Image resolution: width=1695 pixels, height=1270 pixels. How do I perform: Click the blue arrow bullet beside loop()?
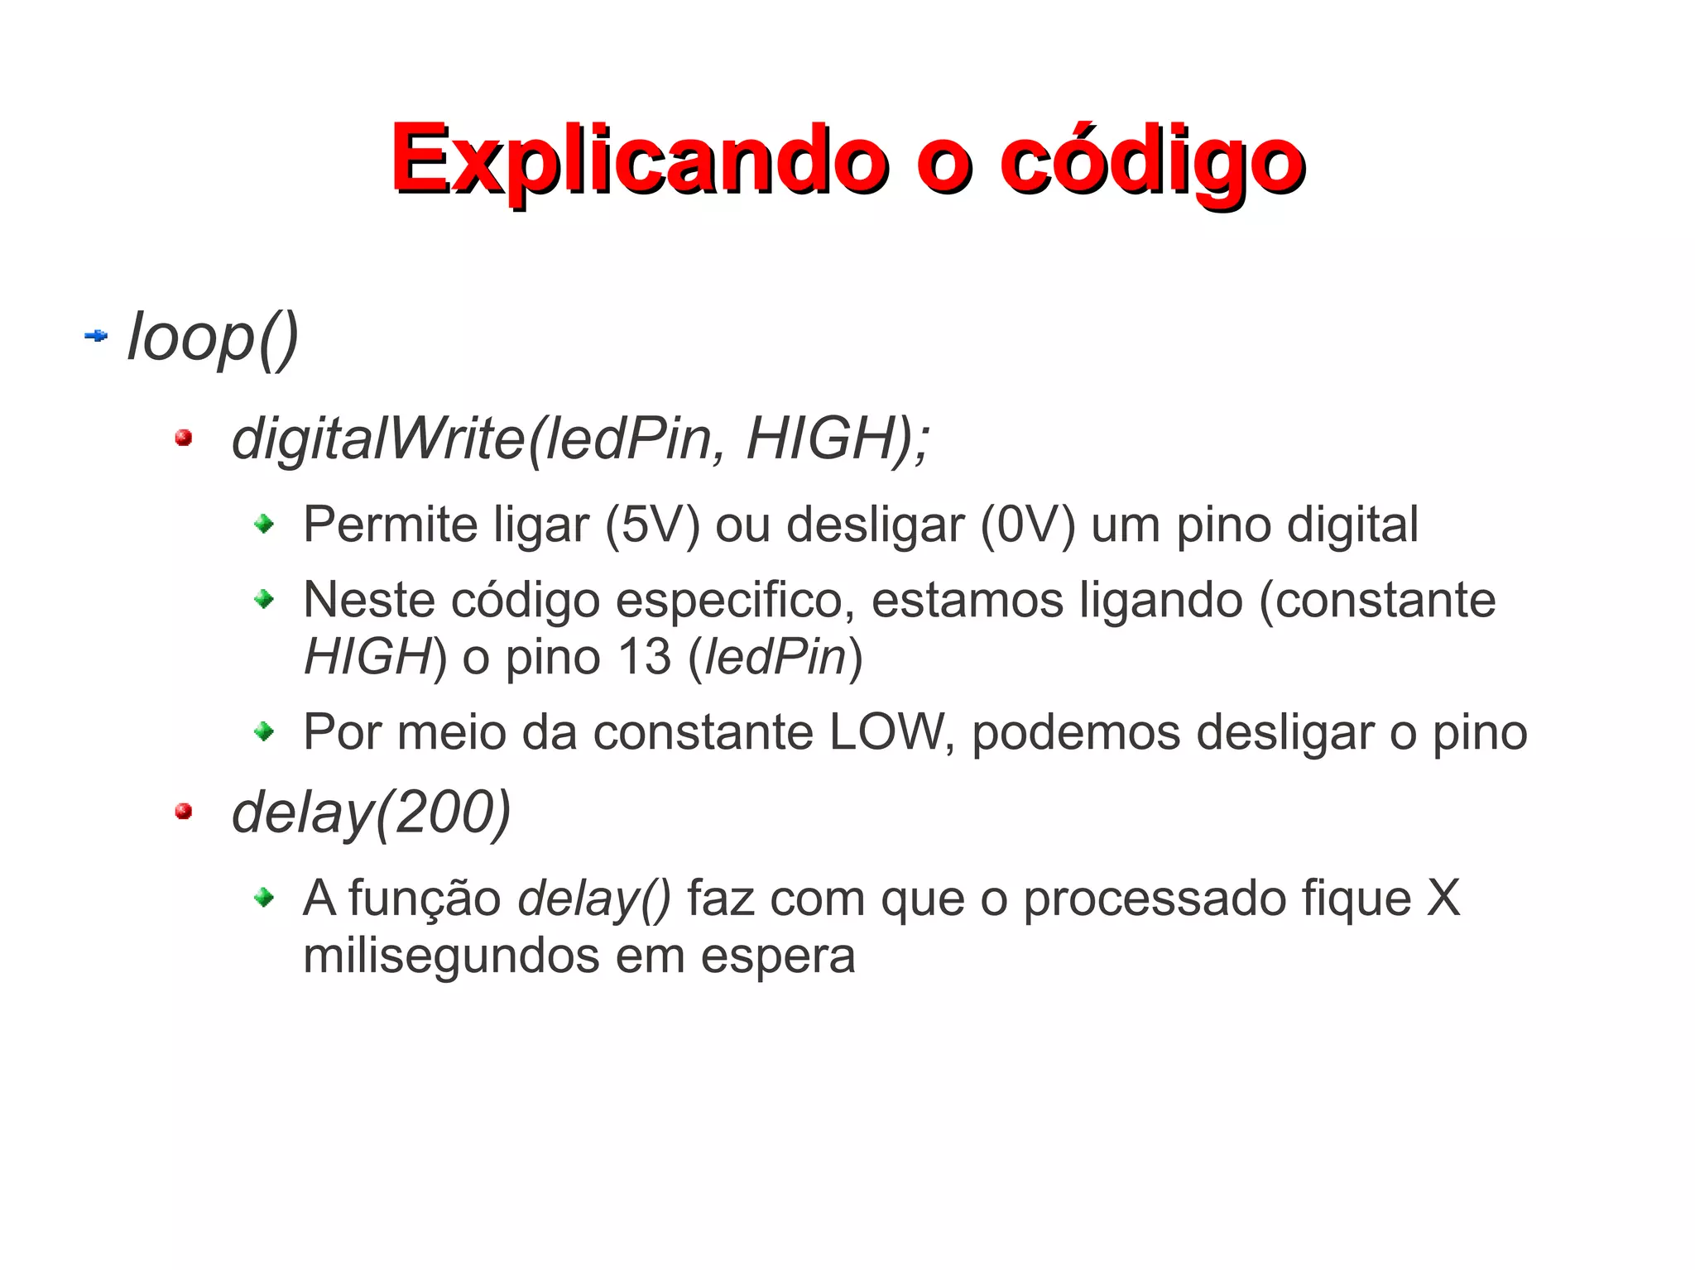point(96,336)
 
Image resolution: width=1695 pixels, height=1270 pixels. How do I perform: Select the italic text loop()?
point(213,338)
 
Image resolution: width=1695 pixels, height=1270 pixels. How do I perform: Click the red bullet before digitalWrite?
point(184,438)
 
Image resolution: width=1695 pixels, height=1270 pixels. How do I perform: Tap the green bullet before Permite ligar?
point(264,524)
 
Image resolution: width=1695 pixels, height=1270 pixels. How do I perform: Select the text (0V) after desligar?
point(1027,525)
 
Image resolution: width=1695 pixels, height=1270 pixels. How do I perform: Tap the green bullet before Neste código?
point(264,598)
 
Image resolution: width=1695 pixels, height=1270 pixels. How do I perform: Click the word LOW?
point(886,732)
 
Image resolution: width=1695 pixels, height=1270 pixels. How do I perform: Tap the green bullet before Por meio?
point(264,731)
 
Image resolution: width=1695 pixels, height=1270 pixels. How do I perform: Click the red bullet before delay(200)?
point(184,812)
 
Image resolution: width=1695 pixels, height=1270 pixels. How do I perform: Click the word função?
point(425,899)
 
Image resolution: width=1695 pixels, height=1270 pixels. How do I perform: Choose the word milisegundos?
point(451,956)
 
